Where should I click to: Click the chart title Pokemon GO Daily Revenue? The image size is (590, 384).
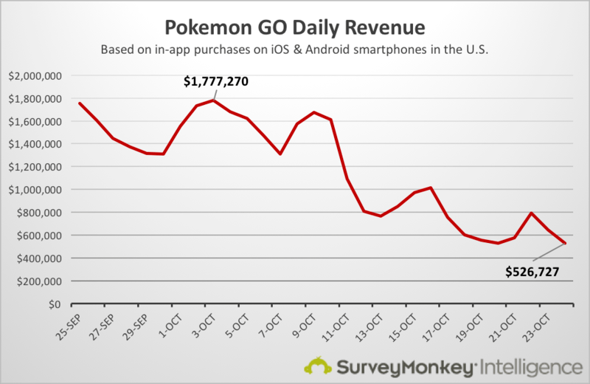tap(294, 28)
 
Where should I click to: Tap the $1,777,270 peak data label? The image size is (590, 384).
tap(216, 82)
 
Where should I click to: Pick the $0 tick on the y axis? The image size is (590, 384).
tap(54, 304)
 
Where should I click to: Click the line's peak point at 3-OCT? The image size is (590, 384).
tap(212, 100)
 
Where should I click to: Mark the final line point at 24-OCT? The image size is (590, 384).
tap(566, 243)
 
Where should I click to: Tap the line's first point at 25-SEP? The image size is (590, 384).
tap(78, 103)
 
